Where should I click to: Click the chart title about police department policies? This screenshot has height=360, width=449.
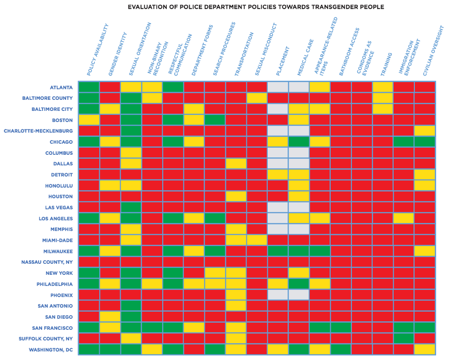pyautogui.click(x=256, y=7)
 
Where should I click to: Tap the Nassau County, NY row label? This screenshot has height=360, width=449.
pyautogui.click(x=47, y=262)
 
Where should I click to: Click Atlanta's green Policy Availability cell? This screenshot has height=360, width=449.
pyautogui.click(x=89, y=87)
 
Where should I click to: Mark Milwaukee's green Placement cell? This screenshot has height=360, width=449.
pyautogui.click(x=278, y=251)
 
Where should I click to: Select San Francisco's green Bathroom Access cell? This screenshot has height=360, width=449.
pyautogui.click(x=341, y=328)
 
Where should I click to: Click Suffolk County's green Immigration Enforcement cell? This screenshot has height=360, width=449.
pyautogui.click(x=404, y=339)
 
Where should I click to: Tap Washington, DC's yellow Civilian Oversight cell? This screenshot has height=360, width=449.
pyautogui.click(x=425, y=349)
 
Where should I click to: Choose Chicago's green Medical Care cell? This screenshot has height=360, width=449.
pyautogui.click(x=299, y=142)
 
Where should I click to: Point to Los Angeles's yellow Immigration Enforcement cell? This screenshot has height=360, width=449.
pyautogui.click(x=404, y=218)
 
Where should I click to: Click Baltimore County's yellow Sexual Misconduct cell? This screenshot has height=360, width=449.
pyautogui.click(x=257, y=98)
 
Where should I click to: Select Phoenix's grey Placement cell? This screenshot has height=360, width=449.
pyautogui.click(x=278, y=295)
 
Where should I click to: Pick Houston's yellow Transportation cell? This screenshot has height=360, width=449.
pyautogui.click(x=236, y=196)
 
